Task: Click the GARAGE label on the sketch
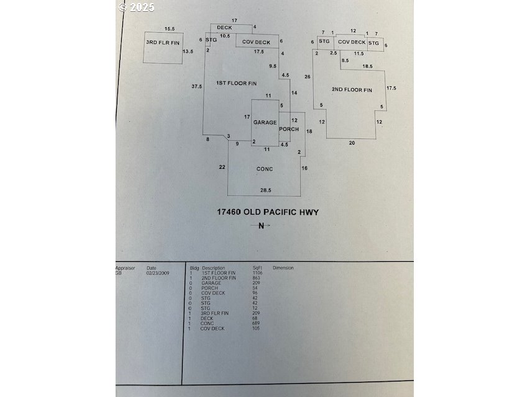click(265, 122)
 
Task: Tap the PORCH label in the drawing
click(289, 129)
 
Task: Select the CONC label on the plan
click(265, 169)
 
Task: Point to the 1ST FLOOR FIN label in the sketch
click(236, 83)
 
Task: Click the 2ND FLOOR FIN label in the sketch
click(352, 90)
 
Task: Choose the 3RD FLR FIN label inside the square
click(162, 42)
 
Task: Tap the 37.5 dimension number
click(197, 86)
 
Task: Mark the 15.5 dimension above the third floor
click(170, 29)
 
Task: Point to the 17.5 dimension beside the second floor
click(391, 88)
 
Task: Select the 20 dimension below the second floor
click(352, 142)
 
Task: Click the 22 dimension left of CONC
click(222, 167)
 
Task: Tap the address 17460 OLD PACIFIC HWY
click(267, 212)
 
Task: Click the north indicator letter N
click(262, 226)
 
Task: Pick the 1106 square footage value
click(257, 272)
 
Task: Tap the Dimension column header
click(283, 268)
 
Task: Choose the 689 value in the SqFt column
click(256, 324)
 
